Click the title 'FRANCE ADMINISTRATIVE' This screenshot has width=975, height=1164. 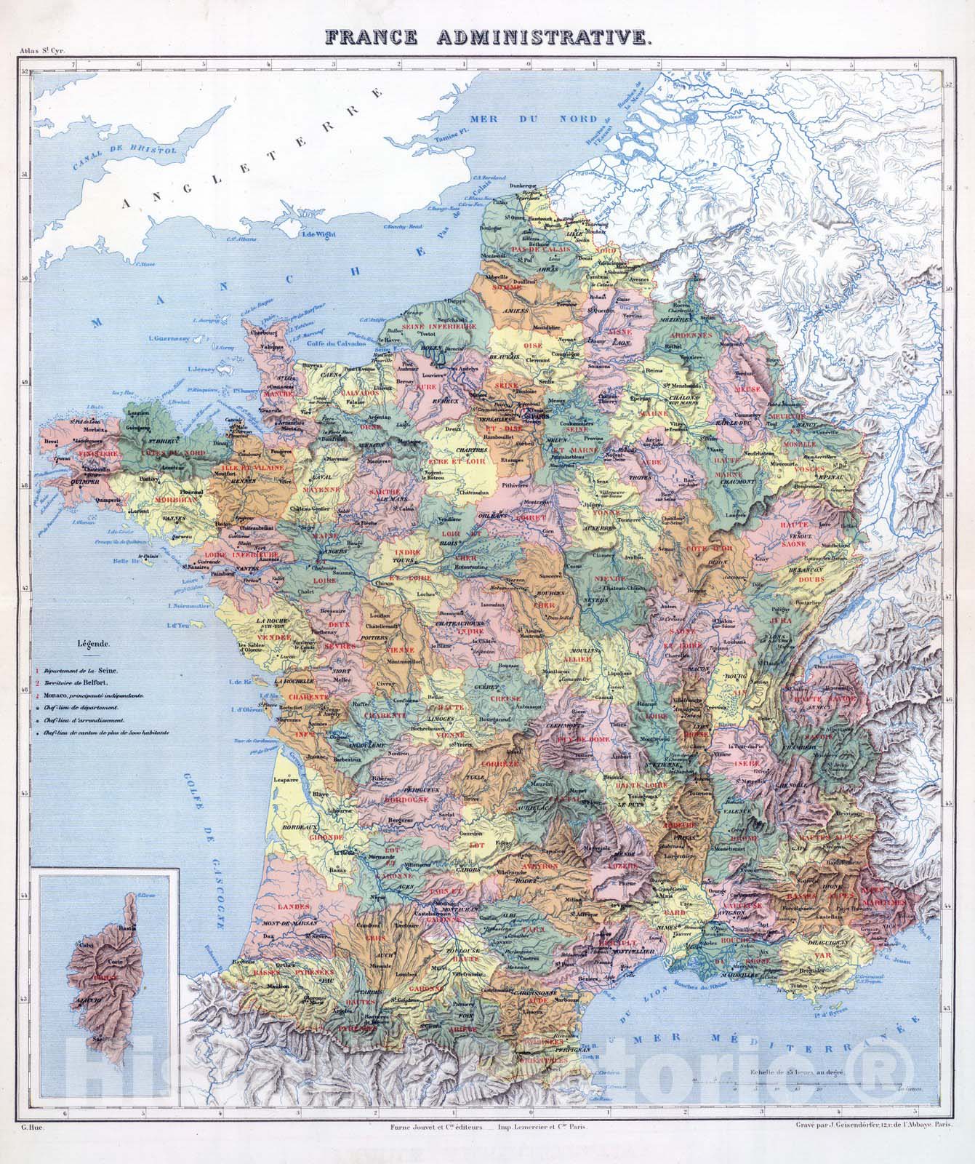[x=487, y=37]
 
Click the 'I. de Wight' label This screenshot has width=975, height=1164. [x=316, y=234]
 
